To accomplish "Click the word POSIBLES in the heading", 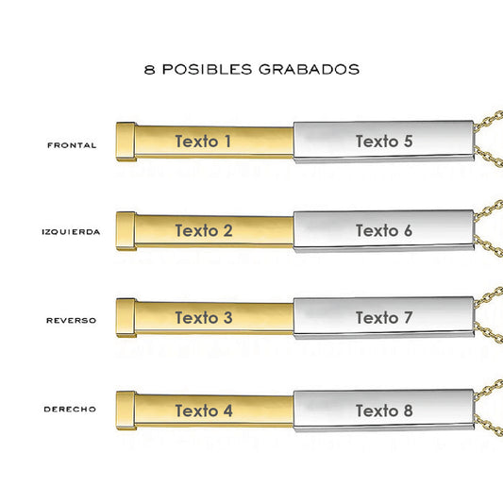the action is tap(207, 69).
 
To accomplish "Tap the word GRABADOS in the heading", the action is tap(310, 69).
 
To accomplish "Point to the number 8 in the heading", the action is tap(149, 69).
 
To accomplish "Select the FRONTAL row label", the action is tap(72, 145).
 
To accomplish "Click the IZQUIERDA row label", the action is tap(71, 231).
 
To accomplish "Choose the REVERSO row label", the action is tap(71, 320).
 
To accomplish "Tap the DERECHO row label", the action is tap(70, 409).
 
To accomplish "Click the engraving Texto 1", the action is tap(203, 142).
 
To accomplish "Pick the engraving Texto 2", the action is tap(204, 230).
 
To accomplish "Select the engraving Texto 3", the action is tap(204, 318).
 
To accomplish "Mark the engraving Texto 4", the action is tap(204, 411).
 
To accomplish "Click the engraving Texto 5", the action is tap(384, 142).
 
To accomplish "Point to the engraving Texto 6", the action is tap(384, 230).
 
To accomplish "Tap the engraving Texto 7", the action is tap(384, 318).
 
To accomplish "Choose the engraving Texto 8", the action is tap(384, 411).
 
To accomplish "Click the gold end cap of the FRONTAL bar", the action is tap(126, 142).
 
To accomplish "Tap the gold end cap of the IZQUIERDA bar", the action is tap(126, 231).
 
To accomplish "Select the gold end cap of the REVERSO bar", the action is tap(126, 318).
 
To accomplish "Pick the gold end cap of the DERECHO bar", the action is tap(126, 411).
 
